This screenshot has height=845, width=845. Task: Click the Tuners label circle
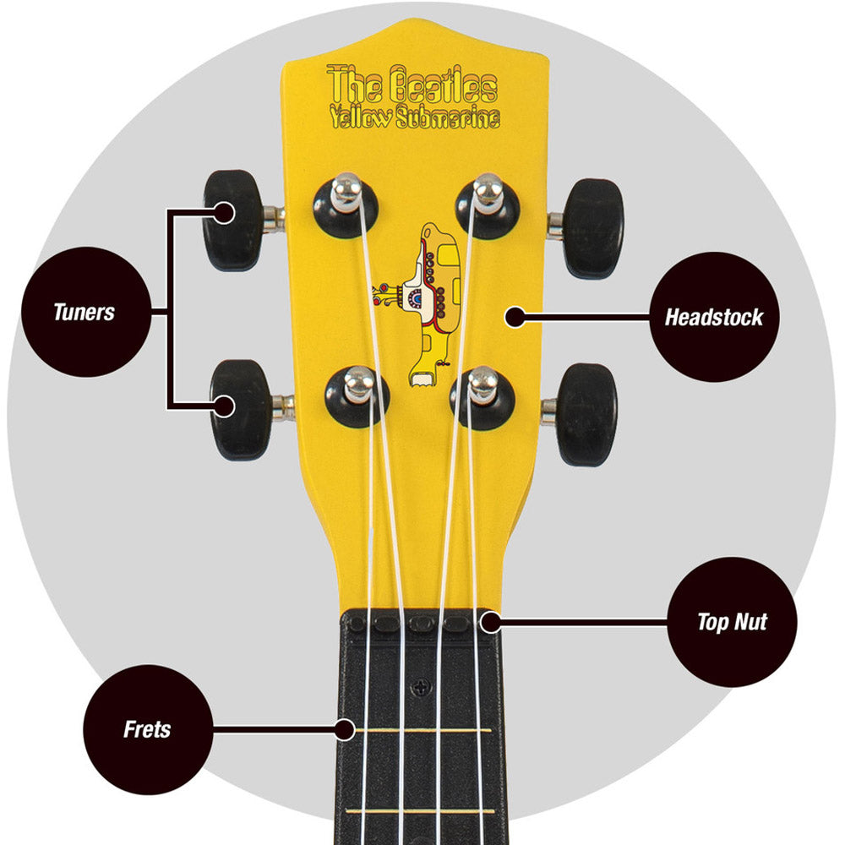[86, 312]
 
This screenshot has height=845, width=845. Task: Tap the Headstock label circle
[714, 317]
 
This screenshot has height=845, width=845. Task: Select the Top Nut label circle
[732, 622]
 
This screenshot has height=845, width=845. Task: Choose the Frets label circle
[148, 729]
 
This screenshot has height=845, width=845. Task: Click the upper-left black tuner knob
[233, 220]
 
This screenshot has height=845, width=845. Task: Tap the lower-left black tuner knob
[240, 410]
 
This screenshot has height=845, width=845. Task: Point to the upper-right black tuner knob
[594, 228]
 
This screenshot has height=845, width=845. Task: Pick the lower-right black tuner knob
[587, 414]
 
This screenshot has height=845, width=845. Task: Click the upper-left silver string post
[346, 191]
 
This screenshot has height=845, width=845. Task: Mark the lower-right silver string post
[482, 384]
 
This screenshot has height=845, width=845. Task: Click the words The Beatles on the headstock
[412, 84]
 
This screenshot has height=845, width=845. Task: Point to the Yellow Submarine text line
[415, 117]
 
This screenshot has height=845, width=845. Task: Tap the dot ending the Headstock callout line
[515, 317]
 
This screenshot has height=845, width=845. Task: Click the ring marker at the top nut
[490, 623]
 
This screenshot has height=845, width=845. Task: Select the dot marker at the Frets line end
[345, 730]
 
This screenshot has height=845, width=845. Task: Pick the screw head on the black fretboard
[421, 688]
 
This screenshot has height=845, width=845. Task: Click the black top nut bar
[420, 622]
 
